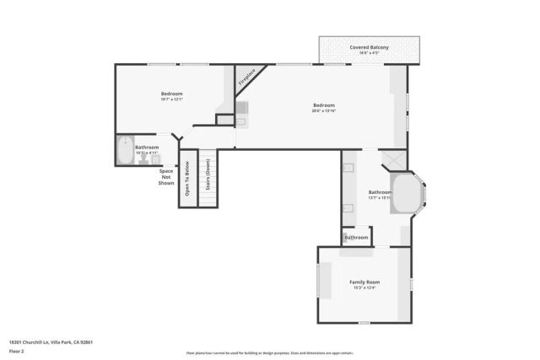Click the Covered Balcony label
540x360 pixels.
coord(369,47)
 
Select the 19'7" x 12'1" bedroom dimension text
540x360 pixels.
coord(171,99)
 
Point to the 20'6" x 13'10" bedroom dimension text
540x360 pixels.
coord(324,110)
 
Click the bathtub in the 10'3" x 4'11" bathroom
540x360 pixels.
coord(126,150)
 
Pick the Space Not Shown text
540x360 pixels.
coord(166,177)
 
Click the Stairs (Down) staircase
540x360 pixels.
coord(208,178)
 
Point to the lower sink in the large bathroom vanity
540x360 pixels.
coord(348,208)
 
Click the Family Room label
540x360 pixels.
coord(365,282)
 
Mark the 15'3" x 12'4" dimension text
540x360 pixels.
coord(364,287)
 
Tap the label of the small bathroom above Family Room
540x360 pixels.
coord(356,238)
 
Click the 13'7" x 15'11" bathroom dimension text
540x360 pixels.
coord(380,198)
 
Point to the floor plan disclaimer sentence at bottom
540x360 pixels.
coord(269,352)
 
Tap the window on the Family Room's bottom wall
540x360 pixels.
coord(364,322)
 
